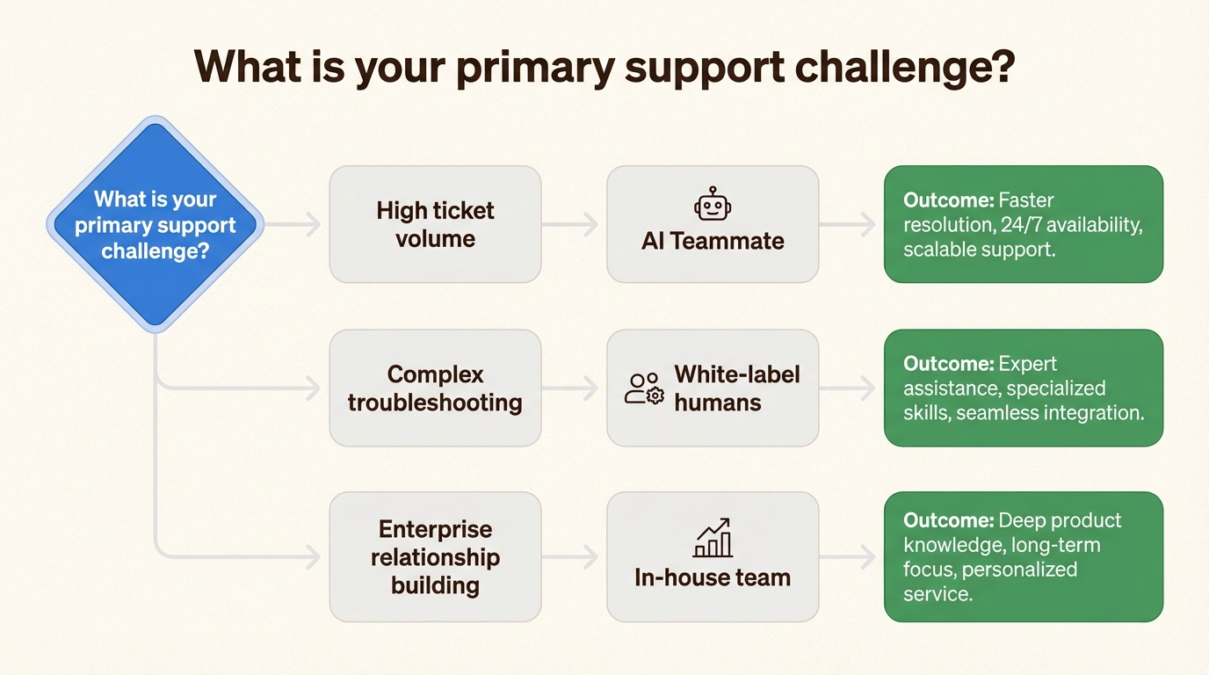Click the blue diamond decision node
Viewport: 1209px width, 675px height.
click(155, 225)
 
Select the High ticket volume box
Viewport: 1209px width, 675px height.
click(435, 224)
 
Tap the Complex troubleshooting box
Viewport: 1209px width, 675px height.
click(435, 388)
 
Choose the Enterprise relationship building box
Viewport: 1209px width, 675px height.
click(435, 556)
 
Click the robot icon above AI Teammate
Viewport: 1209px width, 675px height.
click(713, 206)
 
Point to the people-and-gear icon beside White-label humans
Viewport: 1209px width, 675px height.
click(644, 388)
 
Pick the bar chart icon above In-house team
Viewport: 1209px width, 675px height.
click(713, 537)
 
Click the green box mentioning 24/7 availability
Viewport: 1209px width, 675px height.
click(1023, 224)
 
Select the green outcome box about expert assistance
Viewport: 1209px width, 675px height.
click(1023, 388)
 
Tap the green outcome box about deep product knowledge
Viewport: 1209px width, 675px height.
click(1023, 556)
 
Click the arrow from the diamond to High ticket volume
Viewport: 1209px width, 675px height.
click(295, 225)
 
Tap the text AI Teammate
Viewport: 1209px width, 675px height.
click(713, 241)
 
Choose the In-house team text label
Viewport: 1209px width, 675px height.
click(713, 577)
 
